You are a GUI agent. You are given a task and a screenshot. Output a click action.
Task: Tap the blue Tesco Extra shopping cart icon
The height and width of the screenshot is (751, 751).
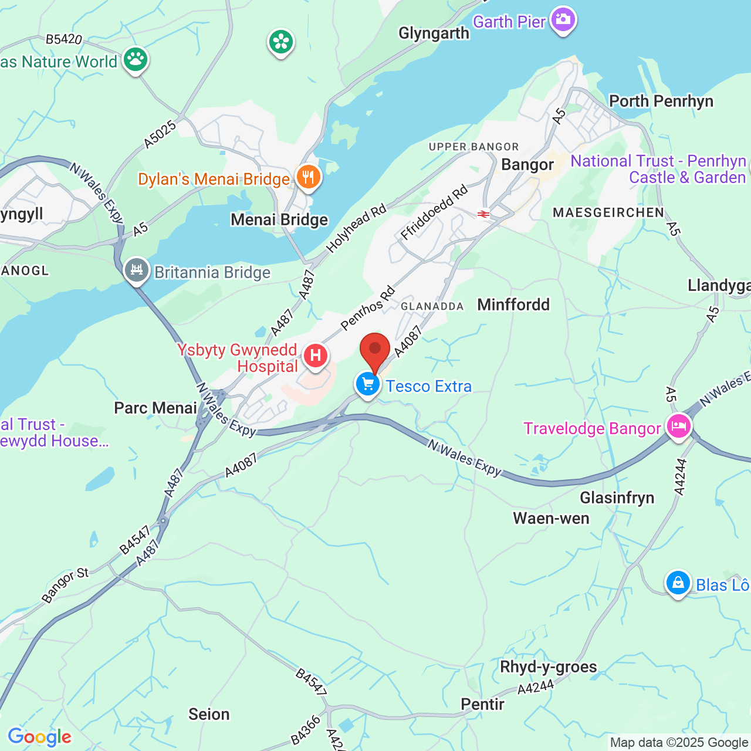tap(368, 385)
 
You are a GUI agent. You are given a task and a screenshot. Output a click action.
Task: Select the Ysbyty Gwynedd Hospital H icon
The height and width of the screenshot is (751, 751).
tap(316, 356)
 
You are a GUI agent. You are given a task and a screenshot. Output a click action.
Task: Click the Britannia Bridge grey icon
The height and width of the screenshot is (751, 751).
tap(137, 270)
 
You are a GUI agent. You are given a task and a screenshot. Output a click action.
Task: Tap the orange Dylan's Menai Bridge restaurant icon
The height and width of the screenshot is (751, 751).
tap(308, 177)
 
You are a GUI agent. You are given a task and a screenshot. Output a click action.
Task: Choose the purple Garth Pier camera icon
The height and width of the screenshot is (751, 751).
tap(563, 20)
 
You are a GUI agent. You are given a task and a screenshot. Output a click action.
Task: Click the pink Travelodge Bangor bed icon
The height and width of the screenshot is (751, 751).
tap(678, 426)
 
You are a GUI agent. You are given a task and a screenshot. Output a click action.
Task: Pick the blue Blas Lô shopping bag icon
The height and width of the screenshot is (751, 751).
tap(678, 583)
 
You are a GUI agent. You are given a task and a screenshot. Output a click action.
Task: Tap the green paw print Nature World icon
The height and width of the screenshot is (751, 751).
tap(136, 59)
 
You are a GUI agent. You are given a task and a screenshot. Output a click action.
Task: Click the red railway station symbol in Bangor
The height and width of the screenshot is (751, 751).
tap(483, 214)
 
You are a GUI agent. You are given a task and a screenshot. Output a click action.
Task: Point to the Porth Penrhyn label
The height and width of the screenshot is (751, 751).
tap(661, 101)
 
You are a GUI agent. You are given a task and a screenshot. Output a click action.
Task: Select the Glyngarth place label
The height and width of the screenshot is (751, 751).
tap(434, 33)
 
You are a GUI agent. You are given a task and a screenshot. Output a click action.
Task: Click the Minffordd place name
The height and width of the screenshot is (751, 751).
tap(513, 305)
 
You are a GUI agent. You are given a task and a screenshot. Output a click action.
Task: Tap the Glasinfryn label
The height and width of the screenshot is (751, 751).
tap(617, 498)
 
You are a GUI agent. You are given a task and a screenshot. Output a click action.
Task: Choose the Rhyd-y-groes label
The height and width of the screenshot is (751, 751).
tap(548, 667)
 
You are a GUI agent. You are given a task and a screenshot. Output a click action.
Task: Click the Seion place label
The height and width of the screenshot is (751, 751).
tap(209, 714)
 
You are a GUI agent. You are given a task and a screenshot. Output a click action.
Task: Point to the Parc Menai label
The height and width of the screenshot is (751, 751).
tap(155, 408)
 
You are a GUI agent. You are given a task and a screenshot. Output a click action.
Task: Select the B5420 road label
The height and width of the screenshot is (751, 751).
tap(64, 39)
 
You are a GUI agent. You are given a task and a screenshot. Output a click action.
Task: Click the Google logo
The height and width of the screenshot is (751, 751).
tap(39, 737)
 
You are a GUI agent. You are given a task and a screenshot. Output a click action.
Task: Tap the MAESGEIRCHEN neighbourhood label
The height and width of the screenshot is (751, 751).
tap(608, 212)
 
